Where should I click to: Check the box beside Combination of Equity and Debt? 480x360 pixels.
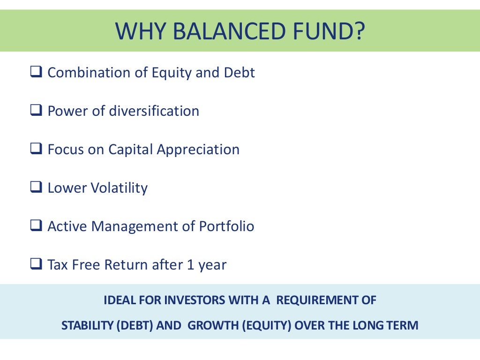pyautogui.click(x=36, y=73)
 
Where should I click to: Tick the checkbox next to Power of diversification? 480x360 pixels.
pyautogui.click(x=36, y=112)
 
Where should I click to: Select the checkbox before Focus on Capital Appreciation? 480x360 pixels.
pyautogui.click(x=36, y=150)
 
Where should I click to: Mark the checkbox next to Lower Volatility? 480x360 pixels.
pyautogui.click(x=36, y=188)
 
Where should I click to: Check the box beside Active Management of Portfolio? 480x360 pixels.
pyautogui.click(x=36, y=227)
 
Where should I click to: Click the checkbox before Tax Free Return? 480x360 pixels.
pyautogui.click(x=36, y=265)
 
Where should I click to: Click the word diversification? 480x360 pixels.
pyautogui.click(x=154, y=112)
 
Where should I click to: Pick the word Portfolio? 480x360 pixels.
pyautogui.click(x=226, y=227)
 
